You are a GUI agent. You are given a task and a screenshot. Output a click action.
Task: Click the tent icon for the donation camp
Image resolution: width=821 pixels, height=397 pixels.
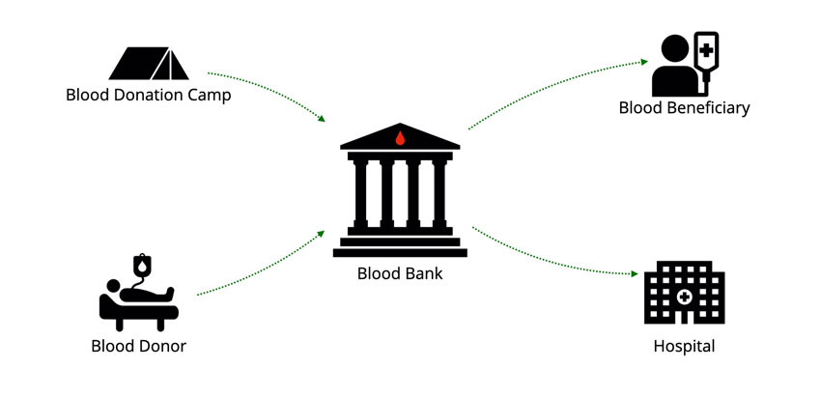(x=149, y=64)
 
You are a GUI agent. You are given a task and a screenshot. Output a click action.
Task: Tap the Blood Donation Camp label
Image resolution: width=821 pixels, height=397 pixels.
(x=149, y=96)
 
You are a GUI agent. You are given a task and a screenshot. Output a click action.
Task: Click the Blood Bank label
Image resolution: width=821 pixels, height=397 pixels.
(x=400, y=273)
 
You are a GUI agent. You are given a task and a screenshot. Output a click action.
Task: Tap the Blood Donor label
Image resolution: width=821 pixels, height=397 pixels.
(x=138, y=346)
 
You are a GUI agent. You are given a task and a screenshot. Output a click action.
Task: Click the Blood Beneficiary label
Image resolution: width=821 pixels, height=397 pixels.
(x=684, y=108)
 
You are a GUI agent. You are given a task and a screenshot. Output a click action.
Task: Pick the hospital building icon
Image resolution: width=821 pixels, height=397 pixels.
(x=684, y=292)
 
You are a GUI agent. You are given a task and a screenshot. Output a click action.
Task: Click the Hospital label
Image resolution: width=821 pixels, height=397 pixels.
(x=684, y=346)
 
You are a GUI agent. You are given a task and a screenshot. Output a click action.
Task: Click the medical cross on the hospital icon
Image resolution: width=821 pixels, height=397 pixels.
(x=684, y=297)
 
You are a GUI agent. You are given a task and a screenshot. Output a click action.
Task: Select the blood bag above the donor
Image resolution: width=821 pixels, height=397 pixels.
(x=143, y=264)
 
